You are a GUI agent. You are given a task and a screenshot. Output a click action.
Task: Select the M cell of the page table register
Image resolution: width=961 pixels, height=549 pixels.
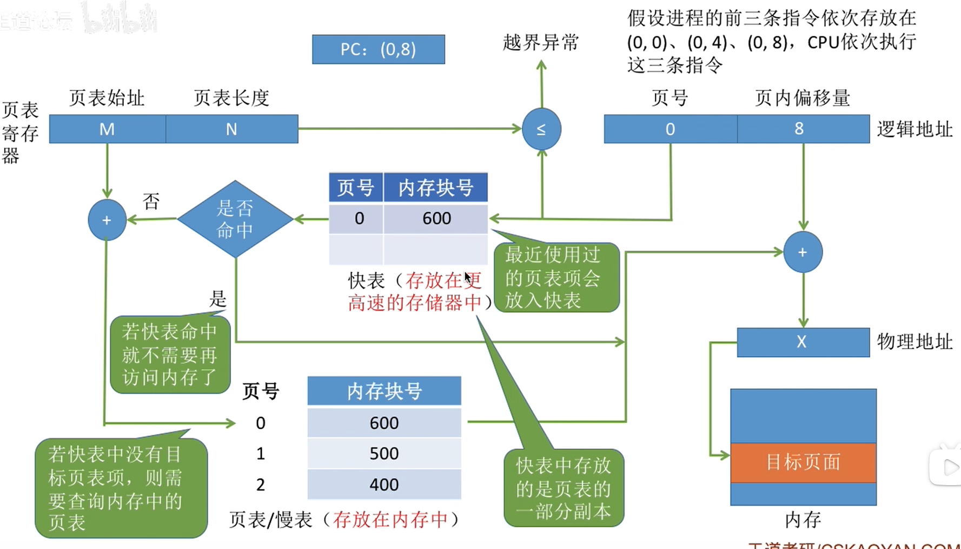click(107, 129)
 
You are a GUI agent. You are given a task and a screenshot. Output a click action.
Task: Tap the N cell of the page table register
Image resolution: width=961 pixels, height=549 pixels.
click(231, 129)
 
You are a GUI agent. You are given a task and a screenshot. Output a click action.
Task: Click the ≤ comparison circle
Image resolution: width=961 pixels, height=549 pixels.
click(541, 129)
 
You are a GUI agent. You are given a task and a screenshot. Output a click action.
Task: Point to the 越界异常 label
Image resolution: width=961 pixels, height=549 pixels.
click(540, 42)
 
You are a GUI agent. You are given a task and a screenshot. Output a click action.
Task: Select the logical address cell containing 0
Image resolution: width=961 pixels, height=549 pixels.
click(670, 129)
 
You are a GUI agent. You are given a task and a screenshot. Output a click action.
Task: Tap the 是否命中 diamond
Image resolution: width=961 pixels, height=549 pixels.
click(235, 219)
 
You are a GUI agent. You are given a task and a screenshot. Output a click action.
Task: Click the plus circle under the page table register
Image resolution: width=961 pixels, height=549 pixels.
click(107, 220)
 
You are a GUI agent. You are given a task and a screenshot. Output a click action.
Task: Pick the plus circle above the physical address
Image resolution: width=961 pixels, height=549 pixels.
click(803, 252)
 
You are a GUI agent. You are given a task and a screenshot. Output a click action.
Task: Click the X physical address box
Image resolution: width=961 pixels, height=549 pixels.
click(803, 342)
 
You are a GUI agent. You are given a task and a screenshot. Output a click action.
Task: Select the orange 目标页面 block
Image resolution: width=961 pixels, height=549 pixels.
click(803, 462)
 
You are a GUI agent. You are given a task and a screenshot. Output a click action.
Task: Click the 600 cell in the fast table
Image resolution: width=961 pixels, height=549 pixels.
click(436, 218)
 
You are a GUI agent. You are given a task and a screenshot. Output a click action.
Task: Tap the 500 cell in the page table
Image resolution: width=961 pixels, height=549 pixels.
click(384, 453)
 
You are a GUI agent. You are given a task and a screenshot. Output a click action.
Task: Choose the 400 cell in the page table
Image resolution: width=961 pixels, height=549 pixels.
click(384, 484)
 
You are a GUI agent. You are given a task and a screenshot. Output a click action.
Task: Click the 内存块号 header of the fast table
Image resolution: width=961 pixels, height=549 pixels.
click(435, 188)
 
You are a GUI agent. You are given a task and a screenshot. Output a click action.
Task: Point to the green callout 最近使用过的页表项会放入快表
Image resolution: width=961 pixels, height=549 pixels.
click(556, 278)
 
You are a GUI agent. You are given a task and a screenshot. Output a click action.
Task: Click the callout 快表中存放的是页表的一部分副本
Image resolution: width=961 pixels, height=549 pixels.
click(564, 488)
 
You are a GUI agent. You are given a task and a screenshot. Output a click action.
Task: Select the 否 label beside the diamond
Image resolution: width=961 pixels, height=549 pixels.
click(151, 202)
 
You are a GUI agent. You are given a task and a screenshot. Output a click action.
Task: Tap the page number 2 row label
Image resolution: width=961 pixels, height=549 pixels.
click(261, 484)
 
